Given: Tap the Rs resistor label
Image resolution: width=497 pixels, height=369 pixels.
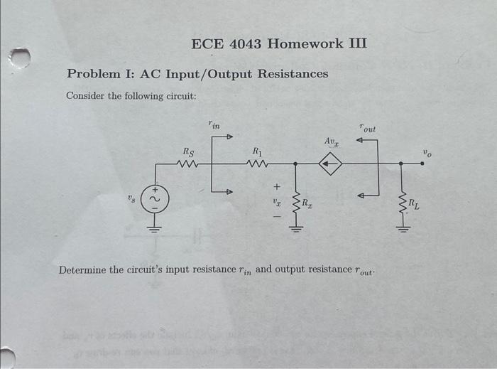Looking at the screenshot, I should point(187,151).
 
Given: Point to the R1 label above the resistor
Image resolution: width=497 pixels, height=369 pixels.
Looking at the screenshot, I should point(257,151).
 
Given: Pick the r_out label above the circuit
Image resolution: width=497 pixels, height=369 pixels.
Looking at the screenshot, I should point(368,129).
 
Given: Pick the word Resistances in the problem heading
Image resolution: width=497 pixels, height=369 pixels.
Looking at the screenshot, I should point(293,74).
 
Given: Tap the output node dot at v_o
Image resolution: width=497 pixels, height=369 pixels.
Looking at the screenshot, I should point(422,164).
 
